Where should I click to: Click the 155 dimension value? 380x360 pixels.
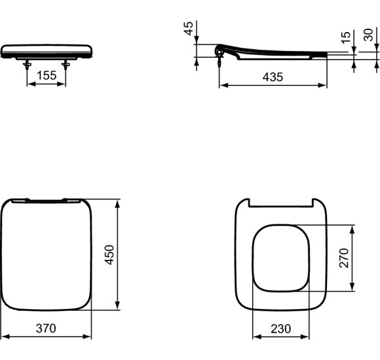pos(46,76)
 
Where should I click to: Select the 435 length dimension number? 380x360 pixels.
pos(273,77)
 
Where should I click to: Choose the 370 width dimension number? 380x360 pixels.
pos(45,327)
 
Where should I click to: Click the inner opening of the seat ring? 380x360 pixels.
pos(281,257)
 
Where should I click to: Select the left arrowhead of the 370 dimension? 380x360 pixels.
pos(3,336)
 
